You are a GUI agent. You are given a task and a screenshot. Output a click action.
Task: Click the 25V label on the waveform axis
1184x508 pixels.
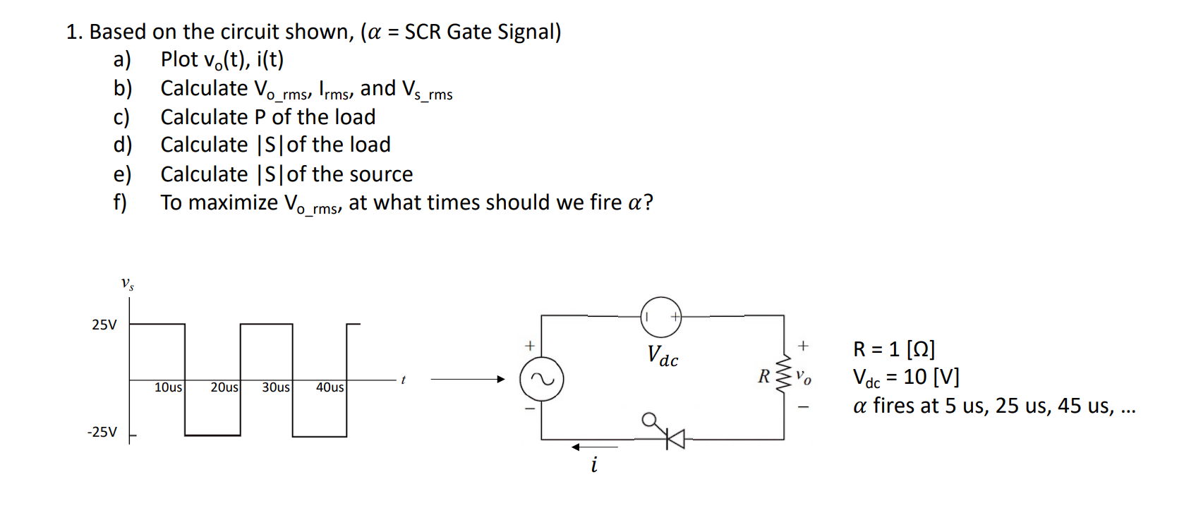(104, 325)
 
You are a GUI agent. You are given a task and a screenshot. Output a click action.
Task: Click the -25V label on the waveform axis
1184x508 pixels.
(102, 432)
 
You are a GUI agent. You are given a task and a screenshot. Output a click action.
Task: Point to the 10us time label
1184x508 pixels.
(168, 387)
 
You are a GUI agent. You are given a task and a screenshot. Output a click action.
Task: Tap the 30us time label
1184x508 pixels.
(275, 387)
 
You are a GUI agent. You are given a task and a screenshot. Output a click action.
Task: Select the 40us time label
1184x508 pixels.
(330, 387)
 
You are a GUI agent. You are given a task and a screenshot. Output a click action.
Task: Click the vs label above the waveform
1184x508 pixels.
(127, 284)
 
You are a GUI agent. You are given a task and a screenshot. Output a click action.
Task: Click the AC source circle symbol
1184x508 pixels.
(541, 380)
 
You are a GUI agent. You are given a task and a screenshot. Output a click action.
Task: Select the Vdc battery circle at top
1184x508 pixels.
(661, 317)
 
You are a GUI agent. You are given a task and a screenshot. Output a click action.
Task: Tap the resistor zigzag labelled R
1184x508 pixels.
(783, 375)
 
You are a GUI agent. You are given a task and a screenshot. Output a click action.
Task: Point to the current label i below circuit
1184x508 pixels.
(594, 465)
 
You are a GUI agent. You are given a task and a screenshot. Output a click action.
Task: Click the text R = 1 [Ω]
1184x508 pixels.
(893, 349)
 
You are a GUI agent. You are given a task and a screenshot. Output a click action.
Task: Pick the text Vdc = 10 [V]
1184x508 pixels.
(906, 377)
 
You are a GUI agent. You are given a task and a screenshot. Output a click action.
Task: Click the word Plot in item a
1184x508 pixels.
(179, 59)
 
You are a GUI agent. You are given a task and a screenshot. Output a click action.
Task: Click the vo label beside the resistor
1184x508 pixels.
(804, 377)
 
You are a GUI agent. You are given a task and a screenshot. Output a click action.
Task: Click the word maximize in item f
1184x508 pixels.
(233, 203)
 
